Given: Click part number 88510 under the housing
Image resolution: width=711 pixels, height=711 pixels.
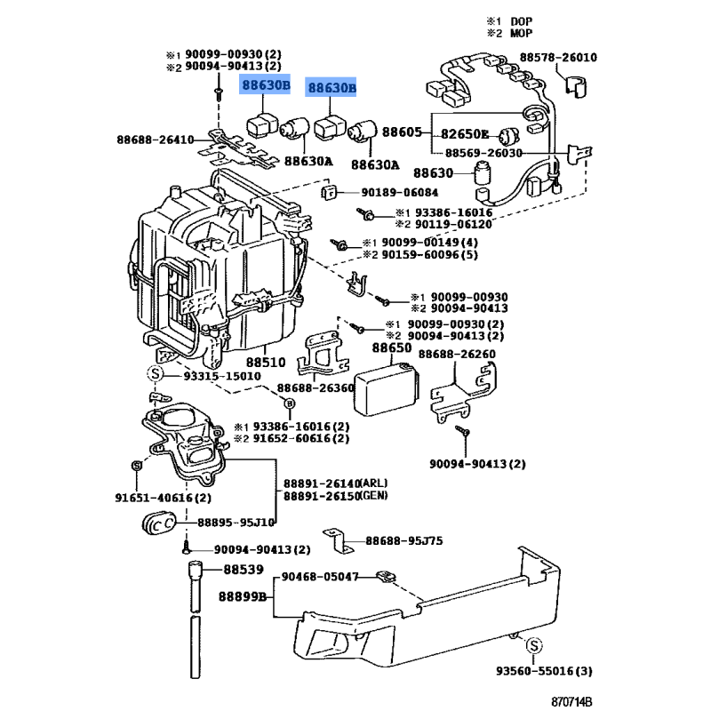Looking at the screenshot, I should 265,363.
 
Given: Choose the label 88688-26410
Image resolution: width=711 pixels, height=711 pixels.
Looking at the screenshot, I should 155,140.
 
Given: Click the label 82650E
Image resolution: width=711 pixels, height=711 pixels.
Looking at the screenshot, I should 466,135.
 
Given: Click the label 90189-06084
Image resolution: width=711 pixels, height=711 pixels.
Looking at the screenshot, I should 400,192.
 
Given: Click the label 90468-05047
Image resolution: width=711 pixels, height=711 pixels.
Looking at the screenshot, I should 321,577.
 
